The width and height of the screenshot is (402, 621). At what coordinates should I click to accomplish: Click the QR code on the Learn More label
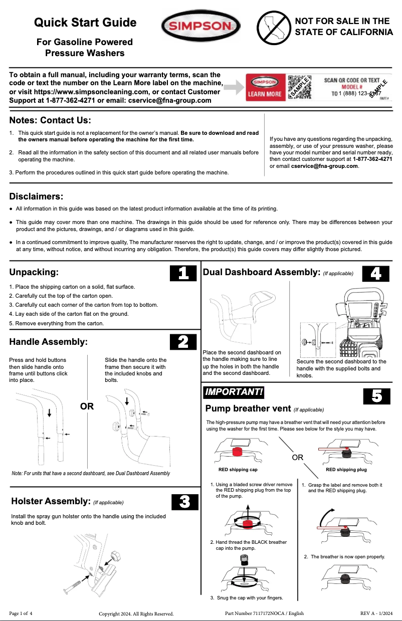(299, 87)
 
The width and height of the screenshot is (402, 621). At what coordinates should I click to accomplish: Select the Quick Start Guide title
(85, 23)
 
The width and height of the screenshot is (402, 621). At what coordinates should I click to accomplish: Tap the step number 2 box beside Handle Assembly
(183, 342)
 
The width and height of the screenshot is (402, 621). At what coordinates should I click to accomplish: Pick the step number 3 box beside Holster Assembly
(184, 502)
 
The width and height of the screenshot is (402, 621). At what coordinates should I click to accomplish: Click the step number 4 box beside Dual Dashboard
(376, 273)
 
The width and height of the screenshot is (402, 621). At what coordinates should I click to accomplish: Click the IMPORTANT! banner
(233, 392)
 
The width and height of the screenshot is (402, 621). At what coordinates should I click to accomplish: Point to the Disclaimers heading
(36, 196)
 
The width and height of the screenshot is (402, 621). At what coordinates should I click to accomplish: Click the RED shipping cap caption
(238, 470)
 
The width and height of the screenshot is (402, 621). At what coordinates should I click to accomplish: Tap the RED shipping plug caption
(346, 470)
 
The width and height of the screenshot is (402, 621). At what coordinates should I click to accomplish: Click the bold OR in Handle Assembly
(87, 406)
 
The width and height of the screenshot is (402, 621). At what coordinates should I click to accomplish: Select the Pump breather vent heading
(248, 408)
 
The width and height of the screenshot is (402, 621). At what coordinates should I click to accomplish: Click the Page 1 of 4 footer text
(21, 613)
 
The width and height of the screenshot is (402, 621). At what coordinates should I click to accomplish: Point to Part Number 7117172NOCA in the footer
(264, 613)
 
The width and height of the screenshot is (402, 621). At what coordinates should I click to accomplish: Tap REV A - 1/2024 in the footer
(376, 613)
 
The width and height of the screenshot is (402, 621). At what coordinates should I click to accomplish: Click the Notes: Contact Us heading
(50, 120)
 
